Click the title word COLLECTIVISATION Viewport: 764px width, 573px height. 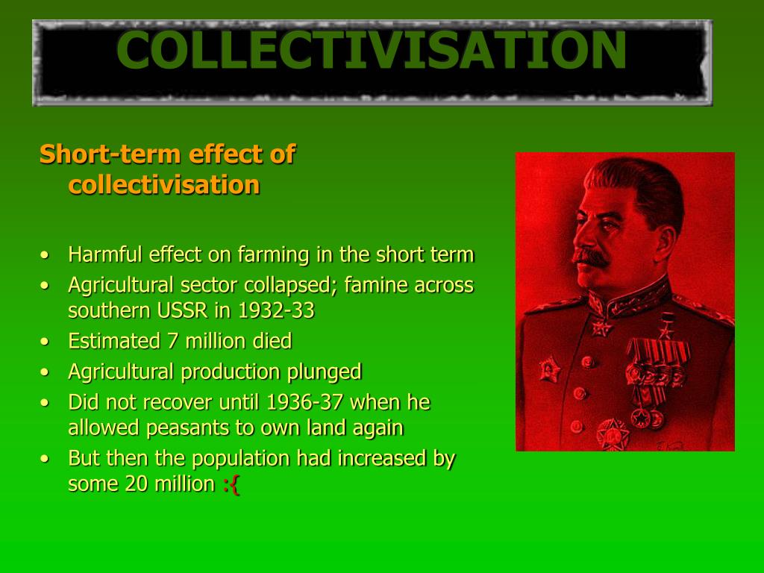click(x=371, y=50)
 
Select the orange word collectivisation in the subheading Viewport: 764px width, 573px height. click(x=164, y=184)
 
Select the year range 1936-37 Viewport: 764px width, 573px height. click(x=305, y=403)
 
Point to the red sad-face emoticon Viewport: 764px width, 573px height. click(x=231, y=484)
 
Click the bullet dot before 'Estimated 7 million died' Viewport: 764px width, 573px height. click(x=46, y=342)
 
